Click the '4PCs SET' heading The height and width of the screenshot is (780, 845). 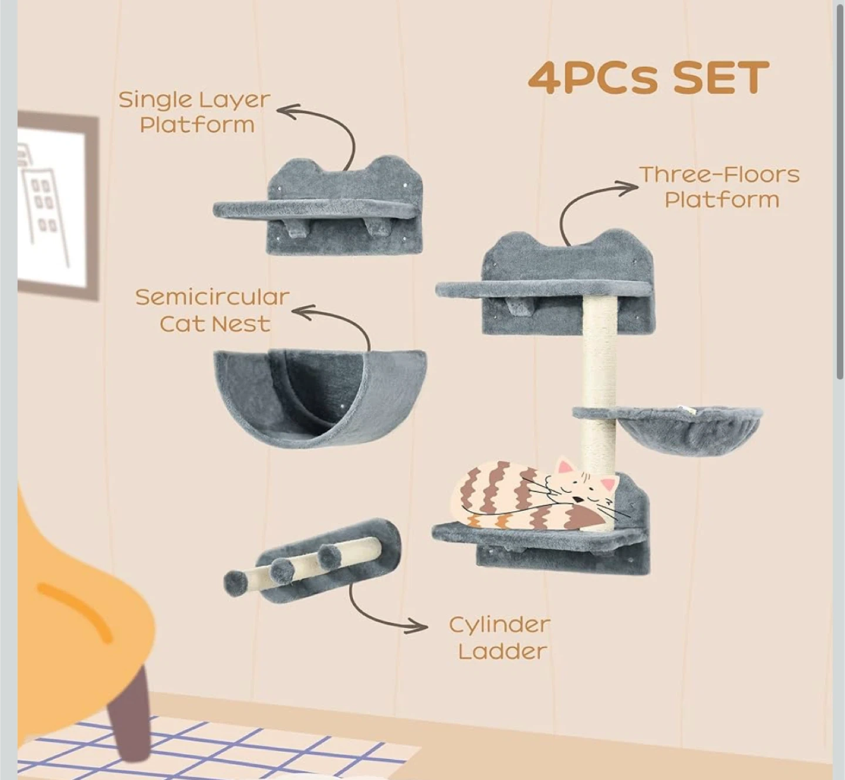pyautogui.click(x=648, y=78)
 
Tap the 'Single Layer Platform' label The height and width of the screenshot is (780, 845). pyautogui.click(x=195, y=112)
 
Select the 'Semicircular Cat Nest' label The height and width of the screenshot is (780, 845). pyautogui.click(x=212, y=310)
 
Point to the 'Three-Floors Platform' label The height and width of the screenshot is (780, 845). pyautogui.click(x=720, y=187)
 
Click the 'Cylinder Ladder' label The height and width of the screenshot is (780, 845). pyautogui.click(x=500, y=638)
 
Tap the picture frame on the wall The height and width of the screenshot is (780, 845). pyautogui.click(x=56, y=205)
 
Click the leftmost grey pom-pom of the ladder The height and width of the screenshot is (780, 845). pyautogui.click(x=236, y=583)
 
